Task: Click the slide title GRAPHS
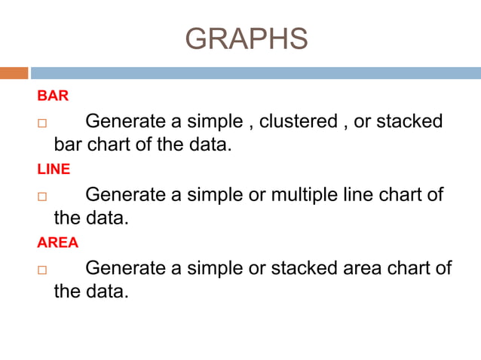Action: point(246,38)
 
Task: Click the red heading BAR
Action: point(53,96)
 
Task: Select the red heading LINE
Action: point(54,169)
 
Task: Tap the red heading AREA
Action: point(57,243)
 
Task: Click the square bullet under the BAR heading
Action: point(42,123)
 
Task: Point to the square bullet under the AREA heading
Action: point(42,270)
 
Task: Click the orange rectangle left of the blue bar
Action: point(14,73)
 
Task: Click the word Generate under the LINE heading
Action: point(125,194)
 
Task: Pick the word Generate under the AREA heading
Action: point(125,267)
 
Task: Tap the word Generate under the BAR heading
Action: point(125,121)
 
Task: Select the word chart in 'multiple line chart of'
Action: point(400,194)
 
